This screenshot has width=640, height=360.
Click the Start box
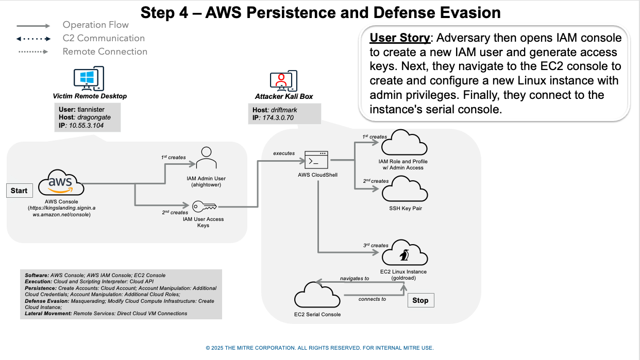coord(19,191)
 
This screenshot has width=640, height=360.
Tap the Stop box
coord(420,300)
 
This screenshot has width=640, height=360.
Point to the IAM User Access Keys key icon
coord(203,207)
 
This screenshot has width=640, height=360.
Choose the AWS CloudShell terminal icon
coord(317,160)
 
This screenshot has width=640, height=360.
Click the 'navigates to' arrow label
coord(355,278)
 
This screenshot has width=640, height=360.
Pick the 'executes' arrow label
coord(284,153)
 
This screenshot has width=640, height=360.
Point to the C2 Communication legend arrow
coord(33,39)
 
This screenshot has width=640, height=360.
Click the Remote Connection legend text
coord(105,52)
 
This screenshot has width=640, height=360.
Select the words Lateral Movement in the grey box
coord(48,313)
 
